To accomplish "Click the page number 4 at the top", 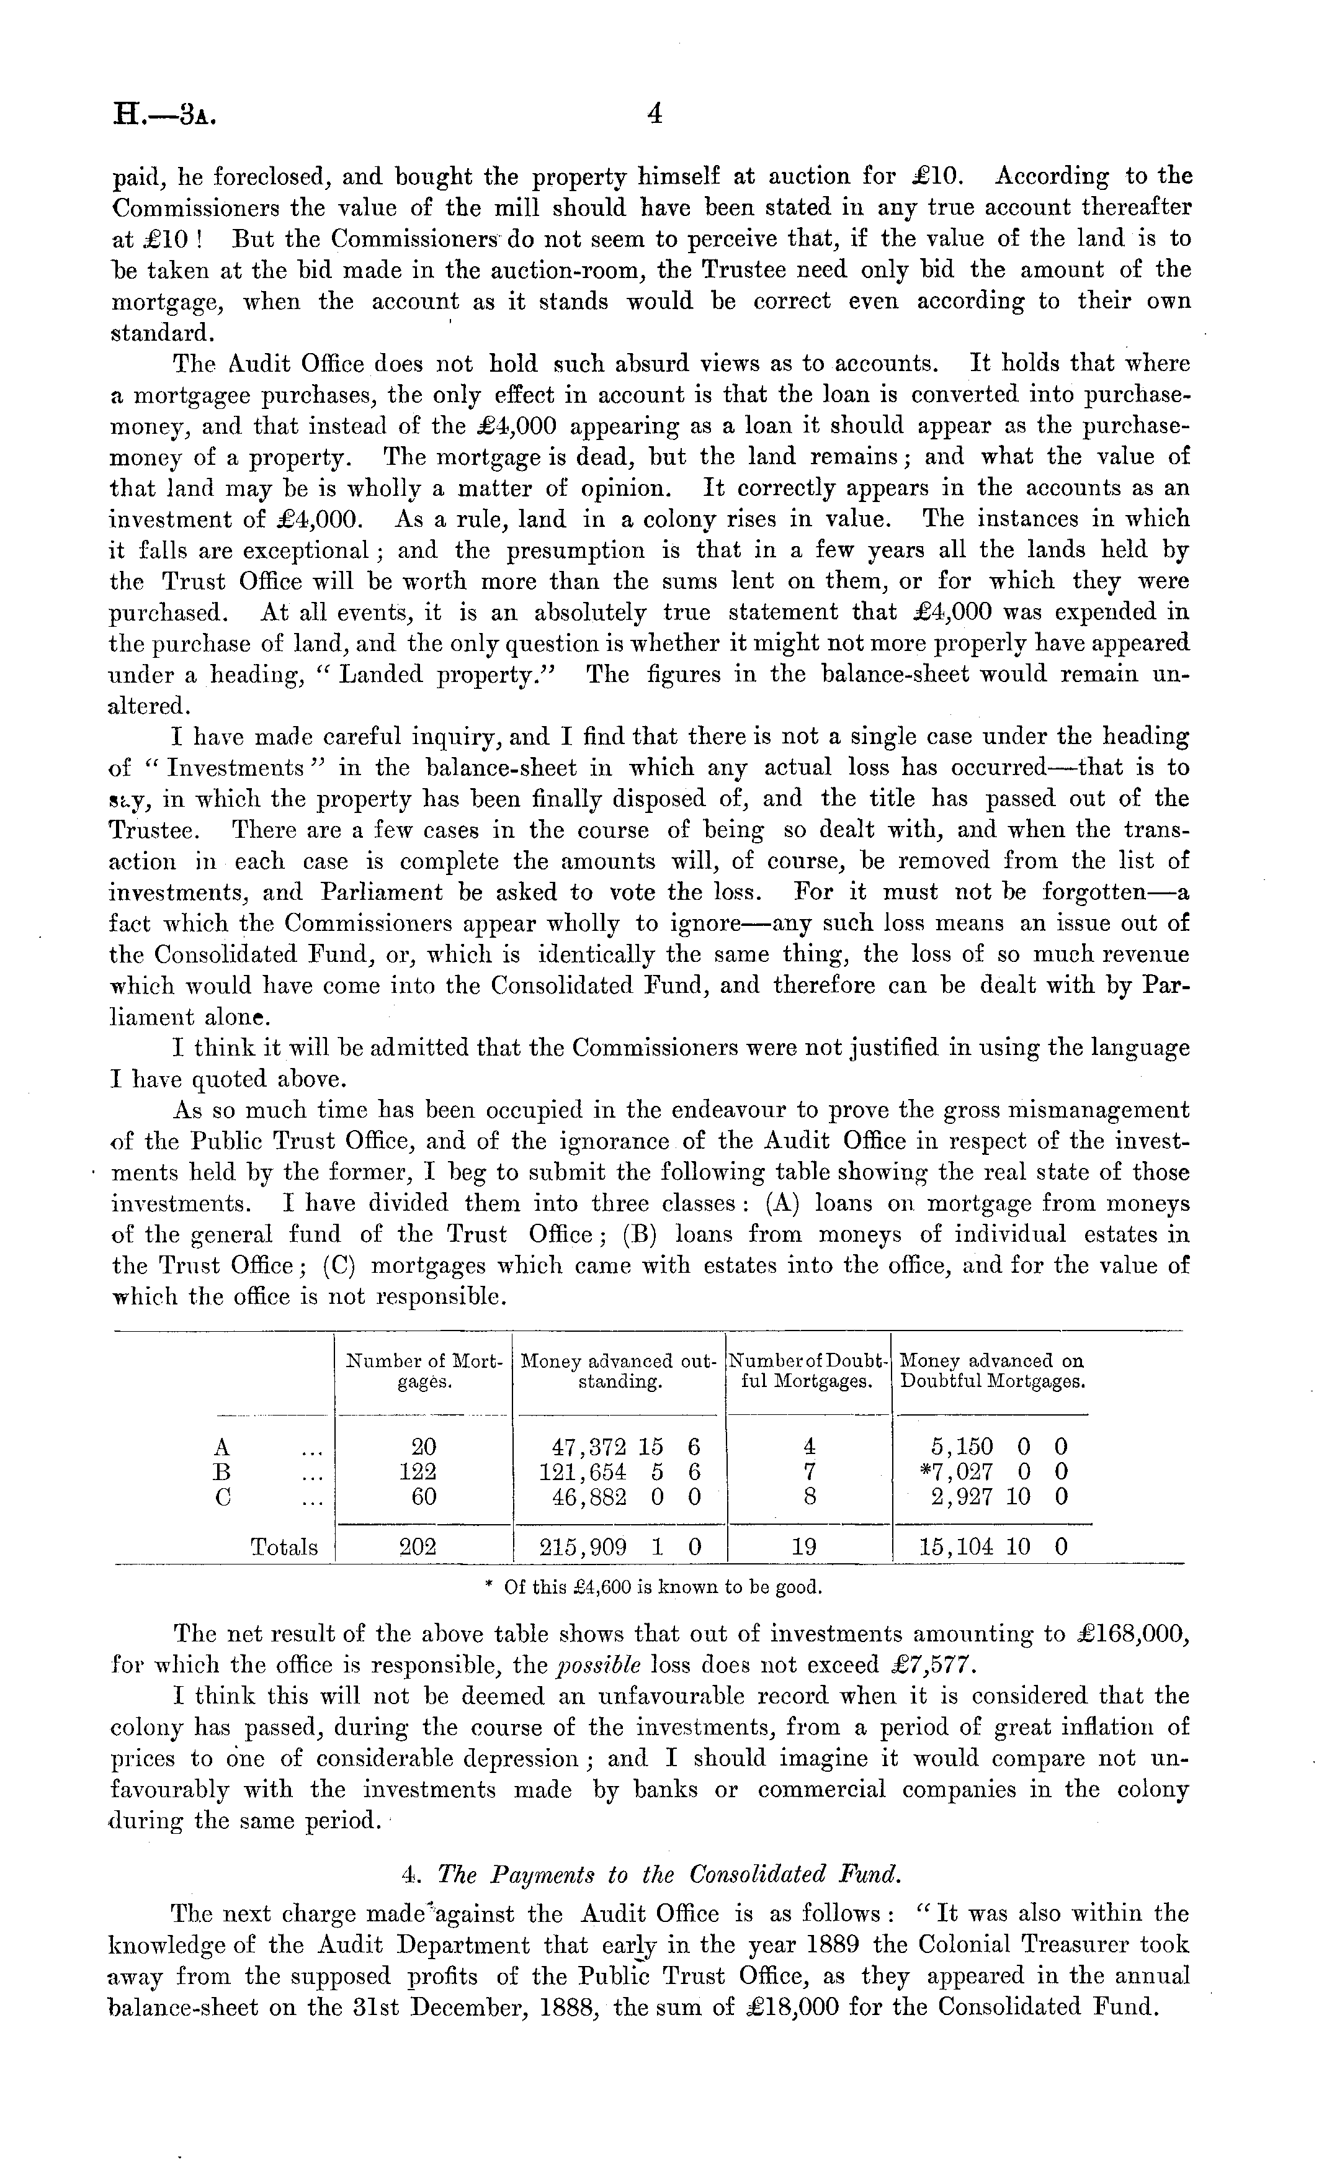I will point(655,114).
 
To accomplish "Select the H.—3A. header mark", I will point(165,116).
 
